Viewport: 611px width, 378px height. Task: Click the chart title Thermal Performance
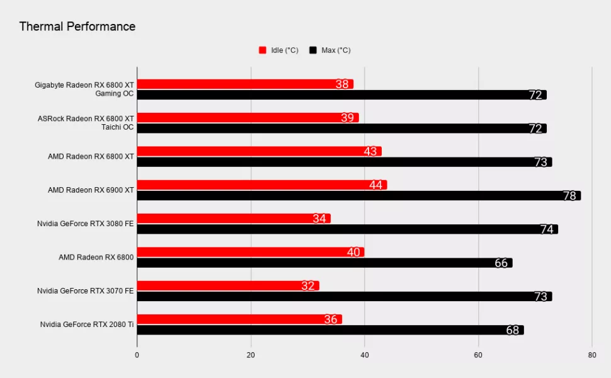coord(77,26)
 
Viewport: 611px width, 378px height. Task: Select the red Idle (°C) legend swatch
coord(263,50)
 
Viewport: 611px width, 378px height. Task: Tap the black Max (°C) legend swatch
coord(313,50)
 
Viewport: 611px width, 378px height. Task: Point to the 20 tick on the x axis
coord(251,355)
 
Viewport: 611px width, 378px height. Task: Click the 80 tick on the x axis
coord(591,355)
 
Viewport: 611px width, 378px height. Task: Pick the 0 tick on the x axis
coord(137,355)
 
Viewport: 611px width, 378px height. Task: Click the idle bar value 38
coord(342,84)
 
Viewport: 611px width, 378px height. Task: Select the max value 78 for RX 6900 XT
coord(569,196)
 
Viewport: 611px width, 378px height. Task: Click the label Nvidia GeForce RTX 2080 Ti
coord(87,324)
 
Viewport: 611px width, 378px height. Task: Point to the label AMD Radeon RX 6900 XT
coord(91,190)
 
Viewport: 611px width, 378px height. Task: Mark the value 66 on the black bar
coord(501,263)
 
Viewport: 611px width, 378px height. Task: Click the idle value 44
coord(376,185)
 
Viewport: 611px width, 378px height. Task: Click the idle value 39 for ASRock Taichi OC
coord(348,118)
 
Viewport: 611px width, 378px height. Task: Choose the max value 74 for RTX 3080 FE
coord(547,229)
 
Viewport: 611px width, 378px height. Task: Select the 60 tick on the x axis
coord(478,355)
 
